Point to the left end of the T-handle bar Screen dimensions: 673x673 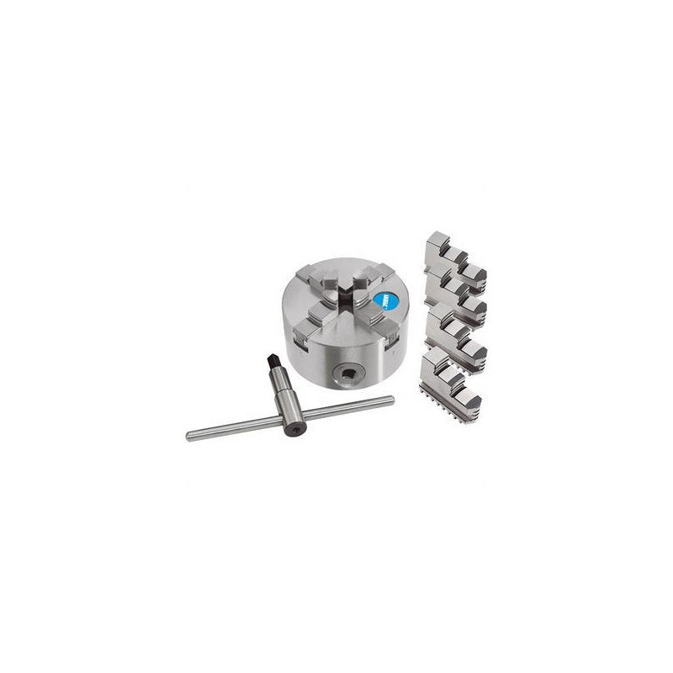coord(191,434)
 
